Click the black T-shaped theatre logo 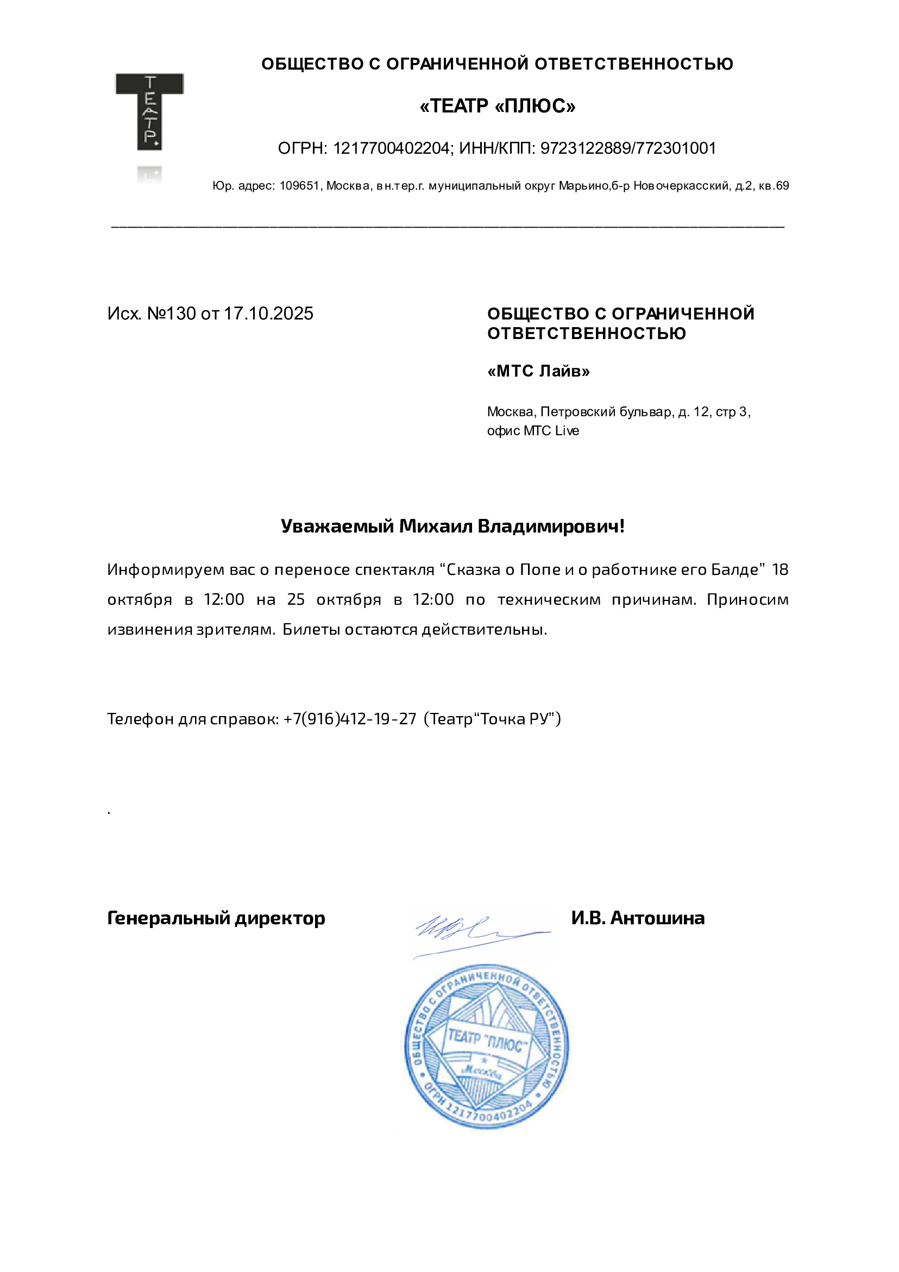click(x=149, y=111)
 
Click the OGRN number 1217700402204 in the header click(x=392, y=148)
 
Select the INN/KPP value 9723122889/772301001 click(x=628, y=148)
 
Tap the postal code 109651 click(x=299, y=186)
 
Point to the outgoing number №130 click(x=171, y=314)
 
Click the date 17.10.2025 click(x=269, y=314)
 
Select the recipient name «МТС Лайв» click(x=538, y=371)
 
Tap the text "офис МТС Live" click(x=533, y=430)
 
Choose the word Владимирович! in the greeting click(x=551, y=526)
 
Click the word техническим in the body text click(x=549, y=599)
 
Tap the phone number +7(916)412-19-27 click(x=349, y=718)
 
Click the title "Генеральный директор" click(x=216, y=918)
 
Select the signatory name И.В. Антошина click(x=638, y=918)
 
